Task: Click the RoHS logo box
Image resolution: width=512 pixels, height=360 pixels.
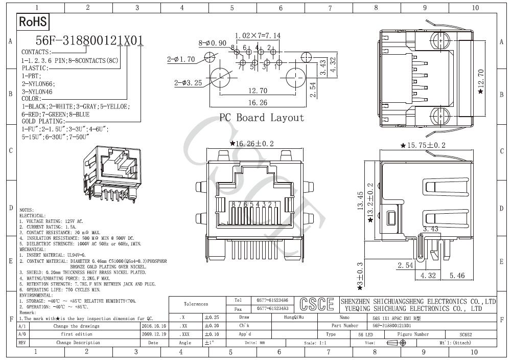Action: tap(33, 21)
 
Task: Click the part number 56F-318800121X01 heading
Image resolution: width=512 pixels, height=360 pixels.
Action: tap(89, 40)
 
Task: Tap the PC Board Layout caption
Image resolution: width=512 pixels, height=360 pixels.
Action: tap(262, 118)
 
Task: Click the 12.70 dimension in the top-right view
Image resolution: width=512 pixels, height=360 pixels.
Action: tap(480, 81)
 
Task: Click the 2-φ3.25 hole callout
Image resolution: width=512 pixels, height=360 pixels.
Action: tap(188, 83)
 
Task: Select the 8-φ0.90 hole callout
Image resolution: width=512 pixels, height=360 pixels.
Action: tap(212, 43)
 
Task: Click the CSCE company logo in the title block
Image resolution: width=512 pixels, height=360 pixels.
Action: tap(317, 304)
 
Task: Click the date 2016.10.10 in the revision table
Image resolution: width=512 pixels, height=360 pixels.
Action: tap(152, 326)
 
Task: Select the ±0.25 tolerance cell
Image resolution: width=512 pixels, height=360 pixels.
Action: tap(212, 318)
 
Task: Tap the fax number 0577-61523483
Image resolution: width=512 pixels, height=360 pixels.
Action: tap(272, 309)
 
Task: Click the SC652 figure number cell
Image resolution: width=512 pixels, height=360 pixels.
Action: tap(465, 334)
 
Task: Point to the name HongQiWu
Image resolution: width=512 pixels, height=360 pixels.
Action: tap(294, 318)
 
